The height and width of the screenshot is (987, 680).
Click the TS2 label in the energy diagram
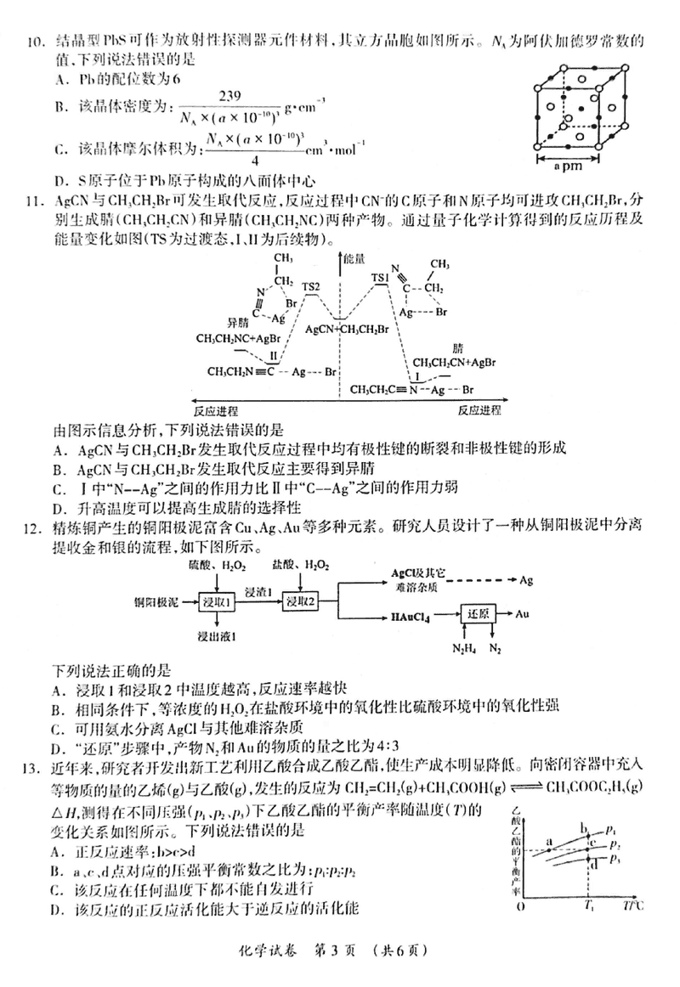tap(311, 287)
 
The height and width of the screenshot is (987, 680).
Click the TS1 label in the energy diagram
tap(381, 278)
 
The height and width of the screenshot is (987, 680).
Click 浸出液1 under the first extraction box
tap(217, 636)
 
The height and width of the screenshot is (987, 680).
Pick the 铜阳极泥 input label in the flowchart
tap(155, 602)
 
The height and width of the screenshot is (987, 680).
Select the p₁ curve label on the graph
tap(612, 826)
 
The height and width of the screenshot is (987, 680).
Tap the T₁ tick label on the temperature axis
tap(587, 905)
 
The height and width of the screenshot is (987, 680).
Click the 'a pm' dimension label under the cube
tap(581, 167)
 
